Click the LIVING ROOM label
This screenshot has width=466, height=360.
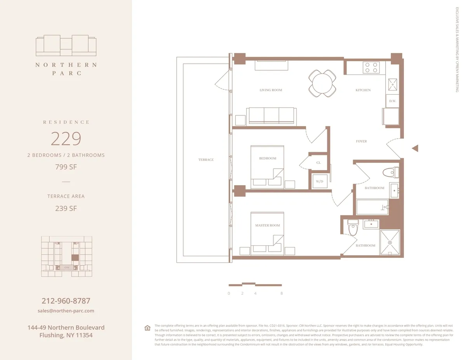(271, 90)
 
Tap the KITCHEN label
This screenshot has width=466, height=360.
(363, 90)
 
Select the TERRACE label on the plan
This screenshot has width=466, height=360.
(206, 160)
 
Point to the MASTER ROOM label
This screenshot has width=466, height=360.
(267, 225)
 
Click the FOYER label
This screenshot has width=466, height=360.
(361, 141)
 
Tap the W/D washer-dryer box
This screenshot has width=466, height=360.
(320, 181)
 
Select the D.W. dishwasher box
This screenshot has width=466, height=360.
(393, 101)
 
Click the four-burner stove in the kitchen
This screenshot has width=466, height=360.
(371, 68)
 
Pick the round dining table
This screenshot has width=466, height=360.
(323, 83)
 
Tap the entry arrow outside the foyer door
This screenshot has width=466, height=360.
(415, 148)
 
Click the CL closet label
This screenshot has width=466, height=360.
(318, 163)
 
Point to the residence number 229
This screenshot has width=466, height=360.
(66, 139)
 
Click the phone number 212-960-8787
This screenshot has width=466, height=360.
(66, 301)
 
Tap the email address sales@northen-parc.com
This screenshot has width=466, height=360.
(66, 311)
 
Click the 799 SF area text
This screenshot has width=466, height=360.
(66, 167)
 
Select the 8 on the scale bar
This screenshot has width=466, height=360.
(282, 294)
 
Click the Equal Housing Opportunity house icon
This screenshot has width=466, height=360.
(147, 328)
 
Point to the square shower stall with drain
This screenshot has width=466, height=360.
(389, 243)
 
